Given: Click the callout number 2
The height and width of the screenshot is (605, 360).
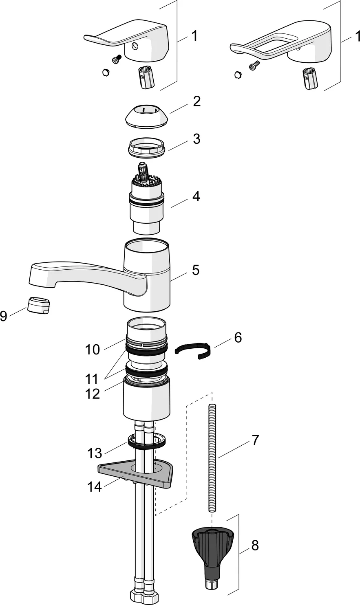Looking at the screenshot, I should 197,101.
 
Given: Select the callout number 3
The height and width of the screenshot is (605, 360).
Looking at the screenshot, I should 197,139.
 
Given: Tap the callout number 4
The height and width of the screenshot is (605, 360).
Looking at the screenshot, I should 196,196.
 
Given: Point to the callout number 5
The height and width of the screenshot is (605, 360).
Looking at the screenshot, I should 196,270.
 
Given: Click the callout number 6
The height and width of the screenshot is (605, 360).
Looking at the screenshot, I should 238,337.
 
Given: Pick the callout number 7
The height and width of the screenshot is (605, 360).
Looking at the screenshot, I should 255,440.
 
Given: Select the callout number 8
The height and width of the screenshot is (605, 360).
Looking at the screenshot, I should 255,545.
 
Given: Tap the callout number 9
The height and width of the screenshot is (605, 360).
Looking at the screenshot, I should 4,316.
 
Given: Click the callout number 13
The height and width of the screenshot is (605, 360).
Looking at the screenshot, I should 95,453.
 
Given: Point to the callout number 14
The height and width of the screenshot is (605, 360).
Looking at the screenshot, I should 95,486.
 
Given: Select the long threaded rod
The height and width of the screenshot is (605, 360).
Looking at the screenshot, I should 212,456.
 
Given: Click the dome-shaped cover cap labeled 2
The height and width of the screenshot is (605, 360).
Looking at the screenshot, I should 146,115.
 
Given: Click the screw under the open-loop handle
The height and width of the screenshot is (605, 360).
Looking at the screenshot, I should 254,64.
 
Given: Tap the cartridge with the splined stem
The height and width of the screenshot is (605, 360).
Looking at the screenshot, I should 146,200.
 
